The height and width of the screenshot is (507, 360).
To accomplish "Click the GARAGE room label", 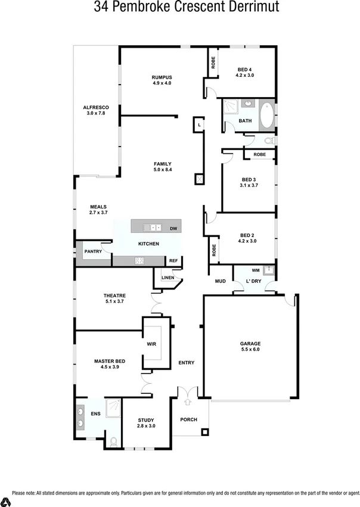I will coord(250,343).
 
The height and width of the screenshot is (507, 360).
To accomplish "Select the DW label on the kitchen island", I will coord(173,228).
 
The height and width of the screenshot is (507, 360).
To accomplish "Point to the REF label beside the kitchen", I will coord(173,261).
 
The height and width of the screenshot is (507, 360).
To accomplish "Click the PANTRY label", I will coord(93,251).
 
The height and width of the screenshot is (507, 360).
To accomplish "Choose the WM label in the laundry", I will coord(256,270).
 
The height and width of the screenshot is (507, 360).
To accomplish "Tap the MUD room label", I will coord(220,281).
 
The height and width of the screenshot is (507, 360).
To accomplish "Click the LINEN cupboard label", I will coord(167,278).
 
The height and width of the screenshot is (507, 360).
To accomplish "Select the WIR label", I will coord(151,344).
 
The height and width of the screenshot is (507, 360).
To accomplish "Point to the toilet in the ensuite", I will coord(113,442).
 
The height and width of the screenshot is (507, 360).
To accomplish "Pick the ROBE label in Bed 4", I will coord(212,63).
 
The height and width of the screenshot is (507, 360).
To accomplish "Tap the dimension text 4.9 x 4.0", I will coord(162,83).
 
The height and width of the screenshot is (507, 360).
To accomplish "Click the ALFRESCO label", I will coord(95,107).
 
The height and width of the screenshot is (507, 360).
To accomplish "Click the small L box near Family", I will coord(198,125).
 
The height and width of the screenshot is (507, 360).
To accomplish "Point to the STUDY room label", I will coord(146,420).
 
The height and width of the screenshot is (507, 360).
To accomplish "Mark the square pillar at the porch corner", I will coord(205,432).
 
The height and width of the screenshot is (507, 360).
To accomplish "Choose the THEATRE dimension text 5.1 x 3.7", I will coord(113,301).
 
